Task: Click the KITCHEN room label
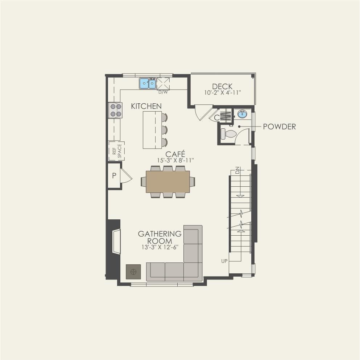(146, 106)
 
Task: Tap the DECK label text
(222, 86)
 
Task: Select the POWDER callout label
(280, 127)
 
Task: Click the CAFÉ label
(175, 154)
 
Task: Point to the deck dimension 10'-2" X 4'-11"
(223, 92)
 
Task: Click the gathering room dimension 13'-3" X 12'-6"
(160, 247)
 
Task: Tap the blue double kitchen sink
(148, 83)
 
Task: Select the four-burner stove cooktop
(116, 110)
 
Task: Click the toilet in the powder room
(228, 134)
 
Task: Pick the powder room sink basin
(242, 114)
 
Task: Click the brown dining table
(168, 182)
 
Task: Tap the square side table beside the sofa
(133, 272)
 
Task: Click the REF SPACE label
(117, 151)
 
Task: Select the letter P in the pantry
(114, 175)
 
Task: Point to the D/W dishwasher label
(163, 92)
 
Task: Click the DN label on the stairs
(237, 170)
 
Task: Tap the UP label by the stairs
(224, 261)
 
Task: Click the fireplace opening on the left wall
(116, 241)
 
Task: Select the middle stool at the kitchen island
(164, 130)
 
